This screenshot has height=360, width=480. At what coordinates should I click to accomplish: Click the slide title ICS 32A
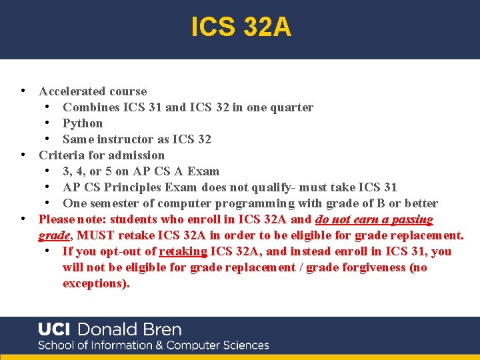coord(241,27)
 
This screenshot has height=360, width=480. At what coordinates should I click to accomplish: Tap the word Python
coord(83,123)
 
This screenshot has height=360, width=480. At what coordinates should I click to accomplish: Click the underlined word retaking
coord(183,251)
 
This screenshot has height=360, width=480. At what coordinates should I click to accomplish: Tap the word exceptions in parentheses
coord(95,283)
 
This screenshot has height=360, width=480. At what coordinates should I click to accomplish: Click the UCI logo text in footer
coord(55,329)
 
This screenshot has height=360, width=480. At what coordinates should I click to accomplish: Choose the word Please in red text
coord(56,219)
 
